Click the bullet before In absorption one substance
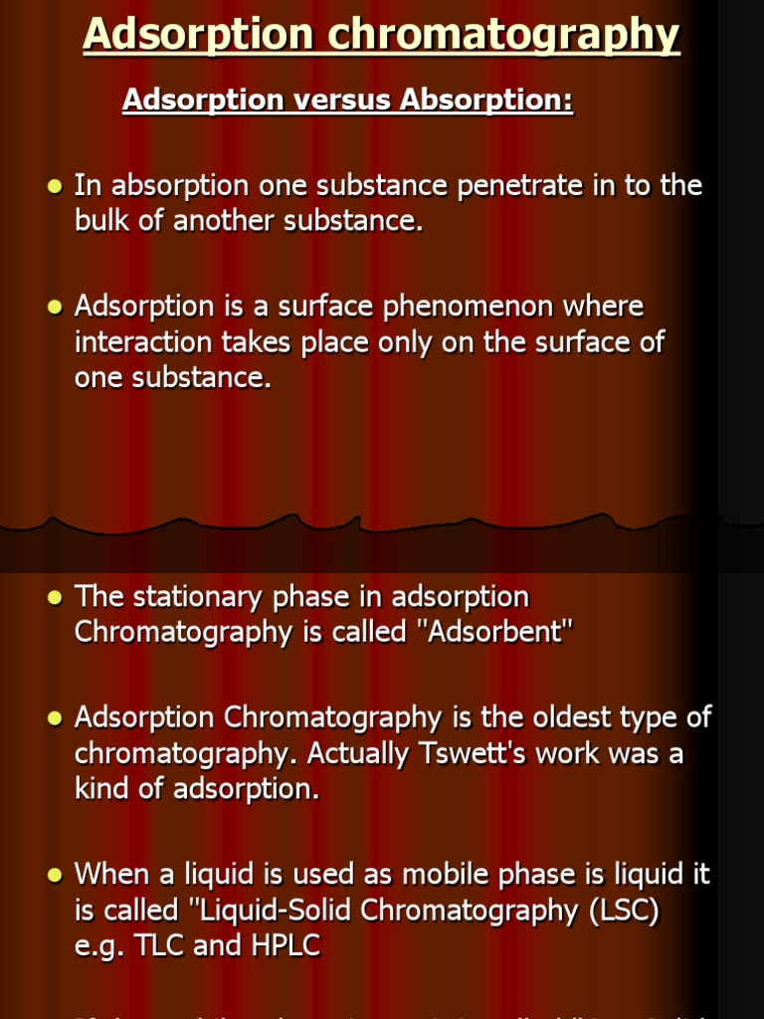point(55,186)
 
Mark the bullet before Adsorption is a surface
point(55,307)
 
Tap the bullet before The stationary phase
point(55,597)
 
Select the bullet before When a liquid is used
point(55,875)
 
